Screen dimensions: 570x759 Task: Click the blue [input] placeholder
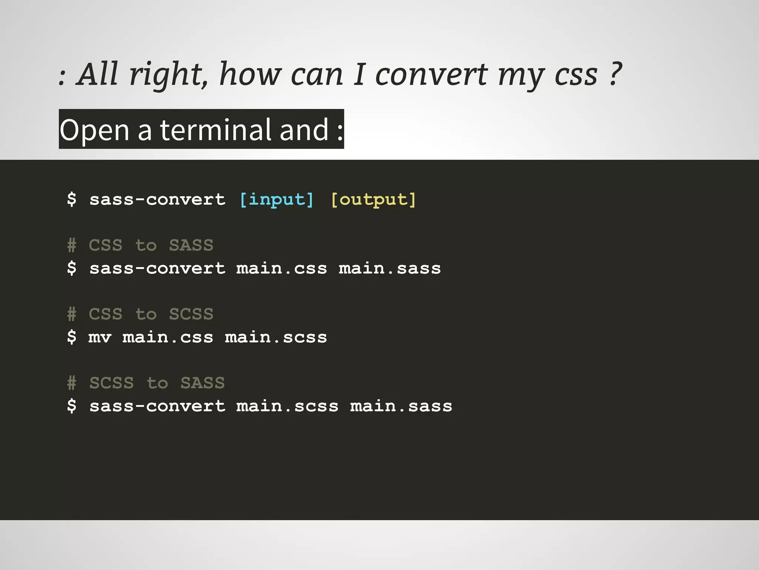(276, 200)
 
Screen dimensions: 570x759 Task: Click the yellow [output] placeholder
(373, 200)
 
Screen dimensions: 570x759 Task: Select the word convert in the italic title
(431, 75)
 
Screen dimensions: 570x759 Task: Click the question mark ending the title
(614, 74)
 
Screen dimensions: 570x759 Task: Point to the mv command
(100, 337)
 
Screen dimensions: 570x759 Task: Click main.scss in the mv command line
(276, 337)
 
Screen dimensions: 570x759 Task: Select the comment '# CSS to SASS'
(140, 245)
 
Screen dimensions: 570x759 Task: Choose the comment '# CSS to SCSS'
(140, 314)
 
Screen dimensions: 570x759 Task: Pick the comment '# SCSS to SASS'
(146, 383)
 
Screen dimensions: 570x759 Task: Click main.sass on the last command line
(401, 406)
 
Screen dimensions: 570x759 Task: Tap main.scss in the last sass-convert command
(287, 406)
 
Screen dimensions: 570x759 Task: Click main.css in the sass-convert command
(282, 268)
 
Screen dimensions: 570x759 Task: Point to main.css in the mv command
(168, 337)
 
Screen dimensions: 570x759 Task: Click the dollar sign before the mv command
(72, 337)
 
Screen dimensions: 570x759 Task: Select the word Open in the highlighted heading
(95, 131)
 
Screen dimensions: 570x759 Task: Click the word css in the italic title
(576, 75)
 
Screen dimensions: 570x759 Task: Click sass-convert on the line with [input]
(157, 200)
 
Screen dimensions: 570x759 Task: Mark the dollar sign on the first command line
(72, 199)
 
